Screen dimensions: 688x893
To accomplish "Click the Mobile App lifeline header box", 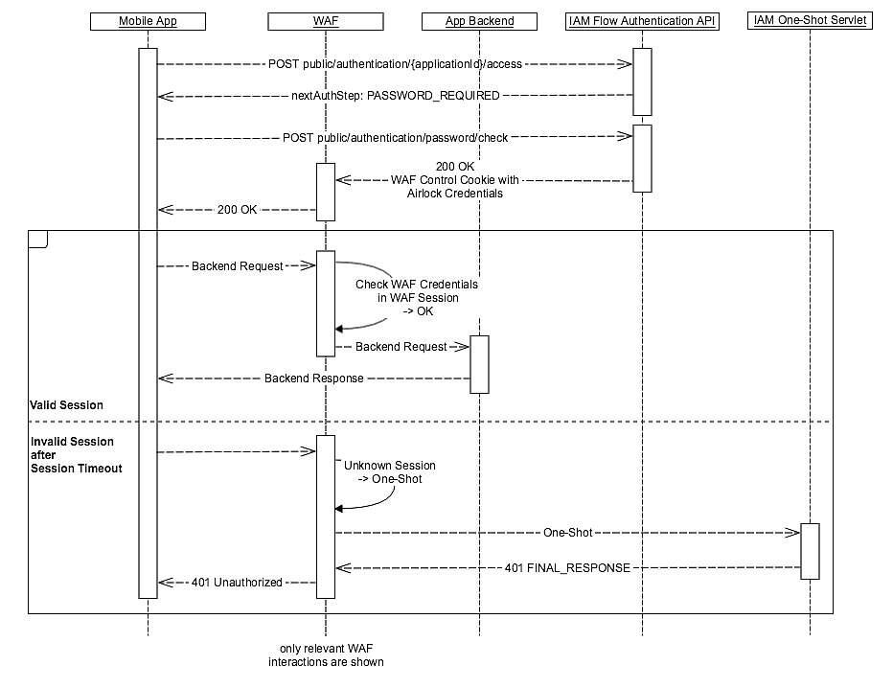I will (148, 20).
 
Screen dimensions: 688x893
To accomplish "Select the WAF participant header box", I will (326, 20).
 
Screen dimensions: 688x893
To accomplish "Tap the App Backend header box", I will (480, 20).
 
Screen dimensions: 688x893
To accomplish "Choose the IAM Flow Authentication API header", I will (642, 20).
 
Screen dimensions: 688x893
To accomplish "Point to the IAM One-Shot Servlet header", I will (810, 20).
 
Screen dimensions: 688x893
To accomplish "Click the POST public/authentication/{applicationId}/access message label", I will (394, 64).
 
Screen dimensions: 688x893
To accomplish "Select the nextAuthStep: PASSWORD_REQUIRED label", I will (396, 96).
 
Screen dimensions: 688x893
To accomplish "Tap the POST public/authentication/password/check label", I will (395, 138).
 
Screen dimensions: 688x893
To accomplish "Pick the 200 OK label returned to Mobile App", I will (237, 210).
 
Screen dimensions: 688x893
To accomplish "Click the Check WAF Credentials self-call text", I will (416, 298).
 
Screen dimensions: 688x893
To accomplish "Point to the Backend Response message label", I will (313, 378).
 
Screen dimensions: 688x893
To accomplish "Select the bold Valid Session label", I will (66, 405).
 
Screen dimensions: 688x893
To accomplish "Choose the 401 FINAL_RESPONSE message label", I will (567, 567).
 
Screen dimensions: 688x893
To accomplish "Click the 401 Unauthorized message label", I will (237, 582).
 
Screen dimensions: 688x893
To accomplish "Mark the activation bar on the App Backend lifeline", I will (480, 364).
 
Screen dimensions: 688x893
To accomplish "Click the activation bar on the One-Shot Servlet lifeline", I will (810, 551).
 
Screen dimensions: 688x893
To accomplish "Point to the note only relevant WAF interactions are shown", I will (326, 655).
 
